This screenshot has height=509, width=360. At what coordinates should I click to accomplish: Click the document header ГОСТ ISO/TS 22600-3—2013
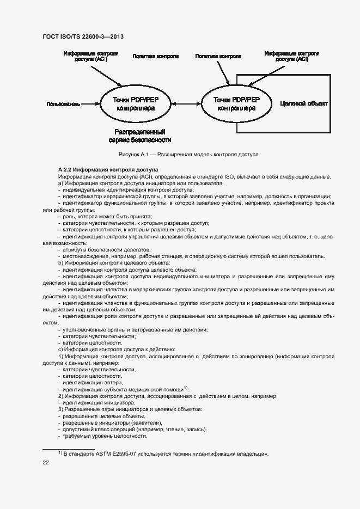pyautogui.click(x=83, y=36)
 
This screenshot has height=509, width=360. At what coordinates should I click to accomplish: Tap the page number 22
pyautogui.click(x=46, y=462)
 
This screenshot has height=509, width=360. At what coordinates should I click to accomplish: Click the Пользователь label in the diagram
pyautogui.click(x=64, y=103)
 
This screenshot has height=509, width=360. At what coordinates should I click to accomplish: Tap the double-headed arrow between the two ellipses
pyautogui.click(x=186, y=103)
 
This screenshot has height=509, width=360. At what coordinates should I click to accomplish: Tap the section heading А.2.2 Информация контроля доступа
pyautogui.click(x=108, y=169)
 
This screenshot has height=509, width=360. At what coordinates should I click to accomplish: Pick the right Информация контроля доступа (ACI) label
pyautogui.click(x=292, y=57)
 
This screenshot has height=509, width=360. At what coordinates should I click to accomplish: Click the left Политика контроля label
pyautogui.click(x=156, y=56)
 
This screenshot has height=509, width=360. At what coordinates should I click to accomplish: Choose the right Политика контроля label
pyautogui.click(x=218, y=56)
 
